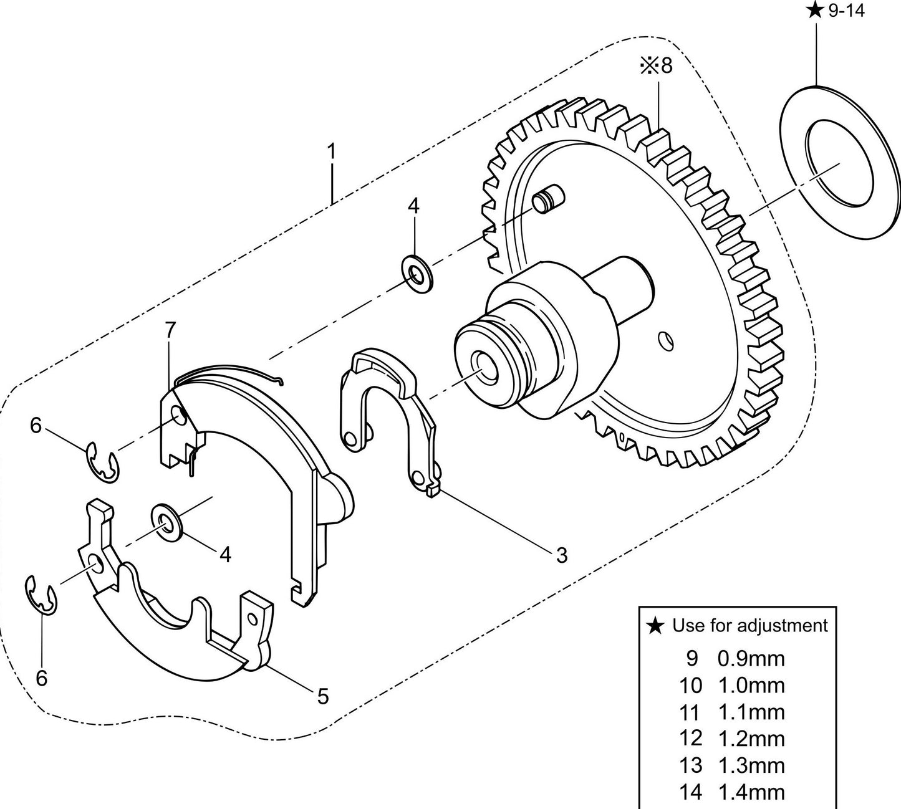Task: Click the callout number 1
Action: [x=332, y=151]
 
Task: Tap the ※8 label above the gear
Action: [x=657, y=65]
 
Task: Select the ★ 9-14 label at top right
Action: [x=836, y=11]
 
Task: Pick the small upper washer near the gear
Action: [x=417, y=272]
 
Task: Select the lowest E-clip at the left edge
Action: [x=41, y=596]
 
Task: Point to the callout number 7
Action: [x=170, y=330]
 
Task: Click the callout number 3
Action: [x=562, y=555]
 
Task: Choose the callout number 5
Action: [x=322, y=696]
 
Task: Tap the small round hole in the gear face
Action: [x=667, y=340]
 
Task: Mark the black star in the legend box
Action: [x=655, y=625]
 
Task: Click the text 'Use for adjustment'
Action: [x=750, y=625]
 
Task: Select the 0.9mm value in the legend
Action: [x=751, y=659]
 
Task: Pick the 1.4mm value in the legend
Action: [x=751, y=792]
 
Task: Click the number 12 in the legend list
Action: [x=690, y=739]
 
